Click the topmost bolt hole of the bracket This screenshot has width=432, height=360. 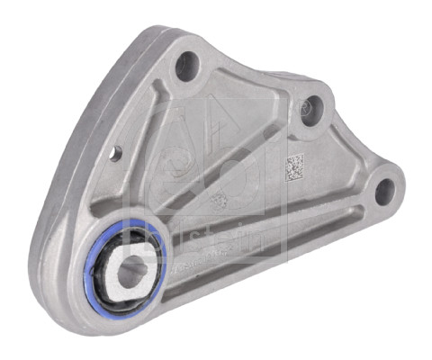click(186, 66)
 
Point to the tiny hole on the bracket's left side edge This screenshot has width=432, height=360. click(115, 154)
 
